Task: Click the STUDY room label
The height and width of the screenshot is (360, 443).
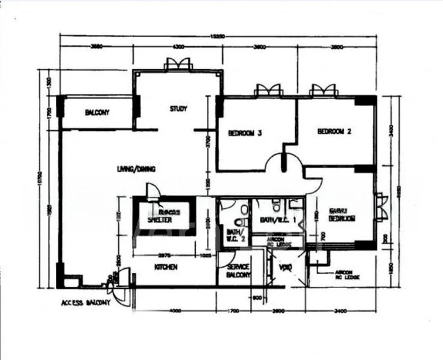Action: tap(178, 109)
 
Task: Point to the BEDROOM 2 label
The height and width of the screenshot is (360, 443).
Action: tap(334, 131)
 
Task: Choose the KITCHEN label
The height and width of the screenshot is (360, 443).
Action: tap(166, 267)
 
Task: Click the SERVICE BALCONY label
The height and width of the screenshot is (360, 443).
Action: tap(238, 271)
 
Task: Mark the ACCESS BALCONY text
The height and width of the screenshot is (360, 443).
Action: tap(86, 304)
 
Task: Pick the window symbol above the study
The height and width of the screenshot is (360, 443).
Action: tap(178, 64)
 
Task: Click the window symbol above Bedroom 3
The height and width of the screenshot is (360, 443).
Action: tap(268, 90)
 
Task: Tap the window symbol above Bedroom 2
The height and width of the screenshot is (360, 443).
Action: tap(322, 90)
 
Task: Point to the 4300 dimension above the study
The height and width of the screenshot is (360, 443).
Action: tap(178, 47)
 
